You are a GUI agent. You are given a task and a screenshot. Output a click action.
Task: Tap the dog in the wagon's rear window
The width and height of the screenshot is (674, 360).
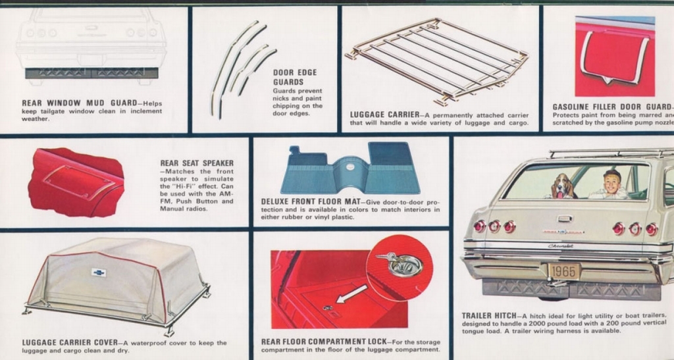(x=561, y=186)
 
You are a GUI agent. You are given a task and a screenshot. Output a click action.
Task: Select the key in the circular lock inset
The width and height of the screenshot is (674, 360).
(x=388, y=258)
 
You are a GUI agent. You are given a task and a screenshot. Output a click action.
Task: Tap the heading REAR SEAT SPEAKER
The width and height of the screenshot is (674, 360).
(x=197, y=163)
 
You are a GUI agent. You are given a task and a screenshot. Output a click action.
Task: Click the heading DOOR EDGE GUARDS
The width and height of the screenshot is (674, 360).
(x=294, y=77)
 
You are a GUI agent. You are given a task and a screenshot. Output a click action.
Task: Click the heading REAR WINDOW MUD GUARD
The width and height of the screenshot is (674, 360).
(x=79, y=103)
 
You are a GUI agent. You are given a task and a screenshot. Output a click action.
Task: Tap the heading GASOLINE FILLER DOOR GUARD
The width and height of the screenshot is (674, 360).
(x=612, y=107)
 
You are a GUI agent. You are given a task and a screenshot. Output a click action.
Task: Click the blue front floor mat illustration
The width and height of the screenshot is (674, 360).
(x=350, y=170)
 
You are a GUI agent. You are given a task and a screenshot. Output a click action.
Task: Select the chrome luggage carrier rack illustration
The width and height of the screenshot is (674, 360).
(x=438, y=59)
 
